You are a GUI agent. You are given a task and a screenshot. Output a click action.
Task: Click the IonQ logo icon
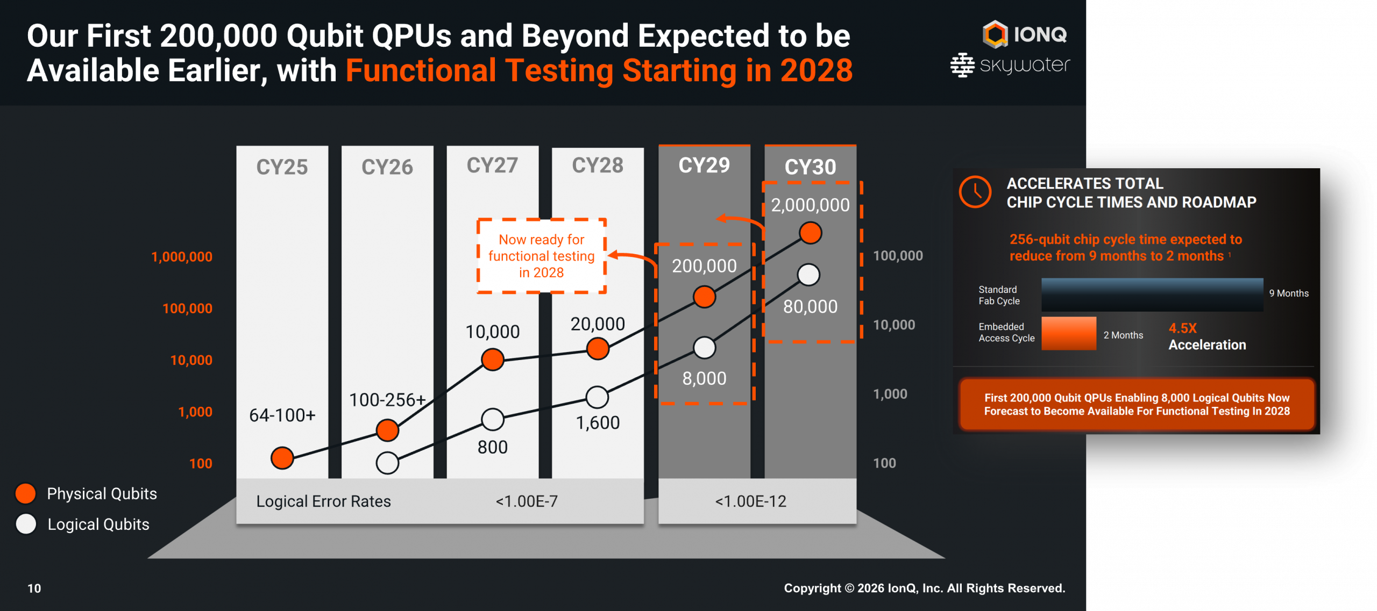click(995, 34)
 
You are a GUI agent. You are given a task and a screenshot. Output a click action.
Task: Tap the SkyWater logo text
click(1024, 66)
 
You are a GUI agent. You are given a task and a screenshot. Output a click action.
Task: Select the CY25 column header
click(282, 167)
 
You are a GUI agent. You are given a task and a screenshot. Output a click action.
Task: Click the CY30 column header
click(810, 167)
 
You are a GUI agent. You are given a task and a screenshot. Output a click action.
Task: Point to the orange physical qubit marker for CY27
click(493, 360)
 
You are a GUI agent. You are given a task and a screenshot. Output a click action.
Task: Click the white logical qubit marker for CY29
click(704, 348)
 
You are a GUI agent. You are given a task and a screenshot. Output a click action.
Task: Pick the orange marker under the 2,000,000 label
click(810, 233)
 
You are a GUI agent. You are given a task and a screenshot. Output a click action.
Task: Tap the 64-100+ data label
click(282, 415)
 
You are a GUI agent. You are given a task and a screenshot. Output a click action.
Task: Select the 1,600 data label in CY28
click(598, 423)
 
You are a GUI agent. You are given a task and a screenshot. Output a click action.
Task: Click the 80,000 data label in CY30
click(810, 306)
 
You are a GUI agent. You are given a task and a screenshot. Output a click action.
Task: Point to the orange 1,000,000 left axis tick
click(182, 257)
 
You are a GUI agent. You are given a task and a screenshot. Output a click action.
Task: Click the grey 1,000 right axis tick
click(890, 394)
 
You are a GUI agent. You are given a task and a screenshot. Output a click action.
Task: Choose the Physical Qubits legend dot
click(26, 493)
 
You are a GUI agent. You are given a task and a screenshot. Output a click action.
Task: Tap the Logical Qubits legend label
click(98, 524)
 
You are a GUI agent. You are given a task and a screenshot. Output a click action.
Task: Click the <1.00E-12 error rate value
click(750, 501)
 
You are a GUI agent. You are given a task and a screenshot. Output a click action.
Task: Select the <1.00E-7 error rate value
click(527, 501)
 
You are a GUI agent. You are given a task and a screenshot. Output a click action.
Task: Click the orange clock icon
click(975, 192)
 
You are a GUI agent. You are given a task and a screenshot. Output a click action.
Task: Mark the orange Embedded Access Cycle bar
click(1068, 334)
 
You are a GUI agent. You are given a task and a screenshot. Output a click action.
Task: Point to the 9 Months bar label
click(1289, 293)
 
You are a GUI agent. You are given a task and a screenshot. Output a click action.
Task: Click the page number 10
click(34, 588)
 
